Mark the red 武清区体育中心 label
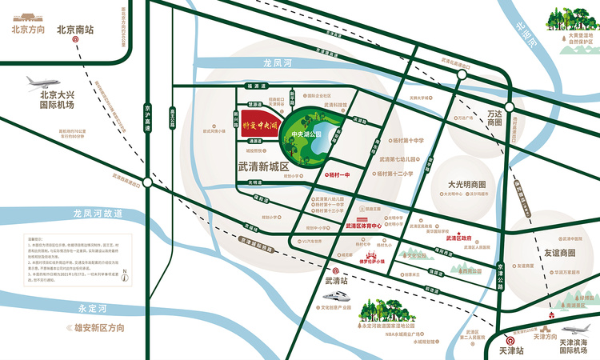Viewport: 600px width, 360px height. [x=365, y=226]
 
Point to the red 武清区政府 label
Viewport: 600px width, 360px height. [x=458, y=238]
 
